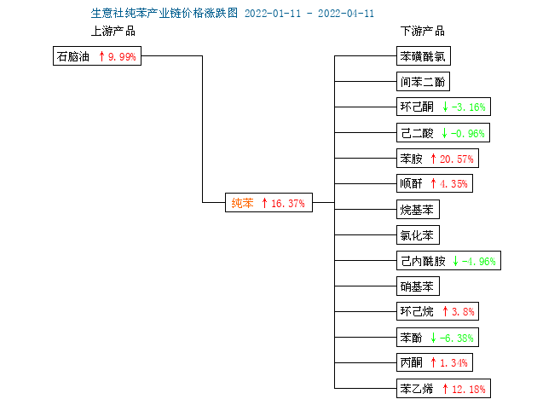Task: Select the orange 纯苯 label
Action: pyautogui.click(x=242, y=203)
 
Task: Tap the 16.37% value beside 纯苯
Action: pyautogui.click(x=288, y=203)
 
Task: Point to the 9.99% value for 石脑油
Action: pyautogui.click(x=122, y=56)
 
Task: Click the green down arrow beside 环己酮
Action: pyautogui.click(x=445, y=107)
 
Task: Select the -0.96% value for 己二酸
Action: pyautogui.click(x=467, y=133)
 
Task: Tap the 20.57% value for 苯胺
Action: pyautogui.click(x=457, y=159)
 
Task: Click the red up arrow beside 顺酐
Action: pyautogui.click(x=433, y=183)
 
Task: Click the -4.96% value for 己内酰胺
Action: pyautogui.click(x=478, y=262)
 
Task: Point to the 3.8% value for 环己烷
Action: pyautogui.click(x=463, y=312)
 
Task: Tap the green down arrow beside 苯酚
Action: pyautogui.click(x=433, y=338)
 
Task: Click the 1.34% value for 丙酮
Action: pyautogui.click(x=453, y=363)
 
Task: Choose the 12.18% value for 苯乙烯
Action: pyautogui.click(x=469, y=389)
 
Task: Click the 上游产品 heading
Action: pyautogui.click(x=113, y=32)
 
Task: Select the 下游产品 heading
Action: pyautogui.click(x=423, y=32)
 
